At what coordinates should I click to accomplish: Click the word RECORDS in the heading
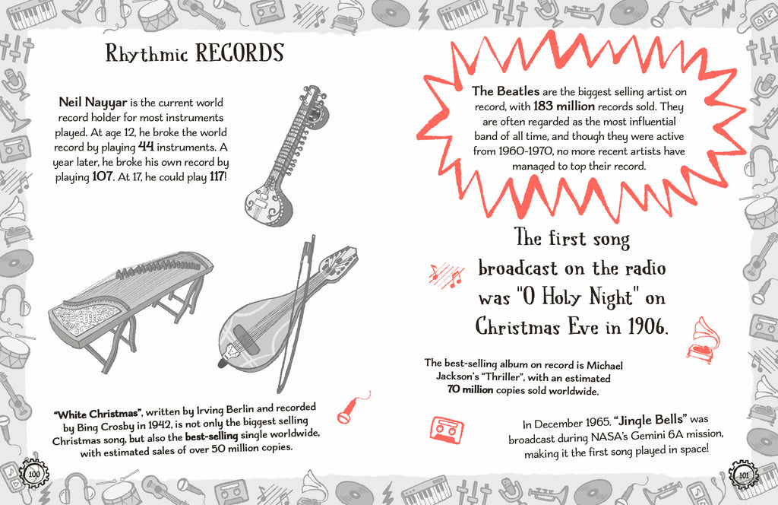(x=239, y=53)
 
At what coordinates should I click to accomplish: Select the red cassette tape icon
(x=448, y=429)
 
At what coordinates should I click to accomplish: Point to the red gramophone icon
(x=704, y=340)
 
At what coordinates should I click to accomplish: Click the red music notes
(x=445, y=275)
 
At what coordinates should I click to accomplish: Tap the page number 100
(x=34, y=474)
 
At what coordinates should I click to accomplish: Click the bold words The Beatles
(x=506, y=91)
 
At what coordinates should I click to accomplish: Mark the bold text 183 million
(x=565, y=106)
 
